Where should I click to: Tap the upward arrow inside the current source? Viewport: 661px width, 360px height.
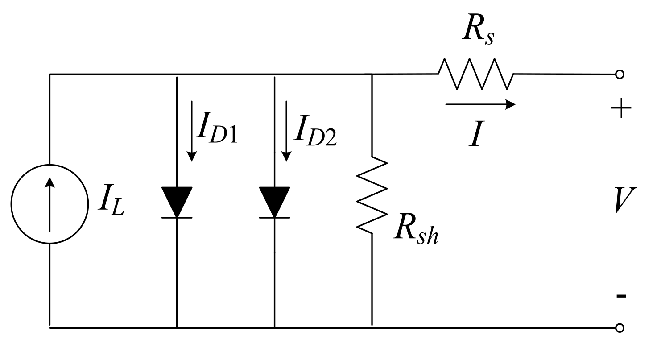tap(50, 203)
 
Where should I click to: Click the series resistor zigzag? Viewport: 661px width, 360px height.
tap(476, 74)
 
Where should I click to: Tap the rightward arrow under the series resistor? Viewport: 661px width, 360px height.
tap(480, 105)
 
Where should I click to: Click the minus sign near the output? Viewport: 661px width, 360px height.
tap(621, 296)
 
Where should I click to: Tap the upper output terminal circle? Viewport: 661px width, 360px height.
tap(619, 74)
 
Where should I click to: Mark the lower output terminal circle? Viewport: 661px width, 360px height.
tap(619, 328)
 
